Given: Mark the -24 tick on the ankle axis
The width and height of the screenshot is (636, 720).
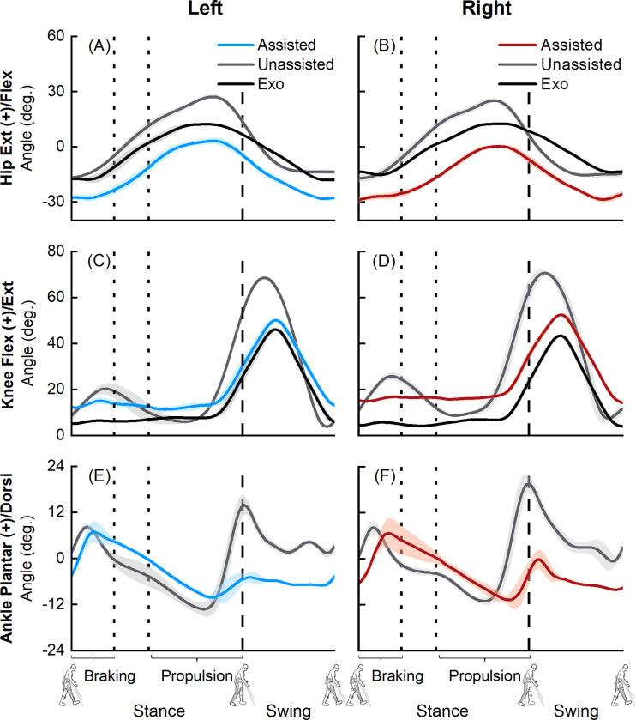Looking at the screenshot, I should pos(53,650).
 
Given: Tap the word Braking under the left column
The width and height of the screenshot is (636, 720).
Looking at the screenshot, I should pos(109,676).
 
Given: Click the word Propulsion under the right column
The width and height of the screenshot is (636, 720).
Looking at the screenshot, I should pos(484,676).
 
